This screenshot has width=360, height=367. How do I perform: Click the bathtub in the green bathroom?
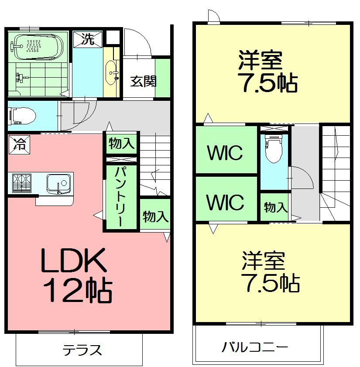[x=37, y=47]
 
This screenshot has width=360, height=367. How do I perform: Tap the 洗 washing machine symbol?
[x=88, y=39]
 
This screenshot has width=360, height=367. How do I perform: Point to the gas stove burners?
[x=22, y=183]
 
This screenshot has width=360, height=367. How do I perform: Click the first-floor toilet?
[x=22, y=116]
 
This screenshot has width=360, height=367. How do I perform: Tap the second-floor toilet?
[x=274, y=148]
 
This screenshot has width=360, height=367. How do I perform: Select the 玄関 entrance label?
[x=143, y=82]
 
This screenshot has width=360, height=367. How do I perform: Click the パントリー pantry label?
[x=121, y=197]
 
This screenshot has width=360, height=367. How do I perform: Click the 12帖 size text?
[x=78, y=290]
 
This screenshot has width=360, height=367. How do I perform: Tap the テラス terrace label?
[x=82, y=350]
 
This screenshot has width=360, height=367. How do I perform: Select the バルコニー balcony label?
[x=255, y=347]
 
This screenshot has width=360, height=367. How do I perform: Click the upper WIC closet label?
[x=225, y=153]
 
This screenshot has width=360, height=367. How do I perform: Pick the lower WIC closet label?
[x=225, y=202]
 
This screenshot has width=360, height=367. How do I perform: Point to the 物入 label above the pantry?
[x=121, y=143]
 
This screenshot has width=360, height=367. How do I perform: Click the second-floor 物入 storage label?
[x=276, y=207]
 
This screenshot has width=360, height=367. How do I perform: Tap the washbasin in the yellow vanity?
[x=110, y=72]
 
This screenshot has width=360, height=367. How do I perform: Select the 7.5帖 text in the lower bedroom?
[x=271, y=283]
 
